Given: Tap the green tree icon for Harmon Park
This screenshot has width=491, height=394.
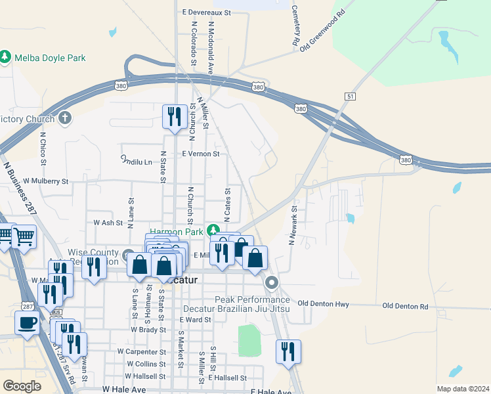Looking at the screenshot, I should pyautogui.click(x=213, y=230).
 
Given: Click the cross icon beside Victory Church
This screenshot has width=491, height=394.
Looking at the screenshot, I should pyautogui.click(x=64, y=118).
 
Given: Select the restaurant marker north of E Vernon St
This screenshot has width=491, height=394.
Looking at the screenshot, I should pyautogui.click(x=173, y=117).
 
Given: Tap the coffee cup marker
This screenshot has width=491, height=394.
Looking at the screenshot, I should pyautogui.click(x=27, y=323).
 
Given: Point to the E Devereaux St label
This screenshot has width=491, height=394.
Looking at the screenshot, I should pyautogui.click(x=207, y=12).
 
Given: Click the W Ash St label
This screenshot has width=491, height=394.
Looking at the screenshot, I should pyautogui.click(x=108, y=223).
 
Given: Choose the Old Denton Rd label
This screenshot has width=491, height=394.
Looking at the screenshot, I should pyautogui.click(x=405, y=307).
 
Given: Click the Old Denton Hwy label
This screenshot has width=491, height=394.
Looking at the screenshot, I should pyautogui.click(x=323, y=303).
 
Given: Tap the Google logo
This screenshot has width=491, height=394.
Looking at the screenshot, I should pyautogui.click(x=22, y=386).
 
